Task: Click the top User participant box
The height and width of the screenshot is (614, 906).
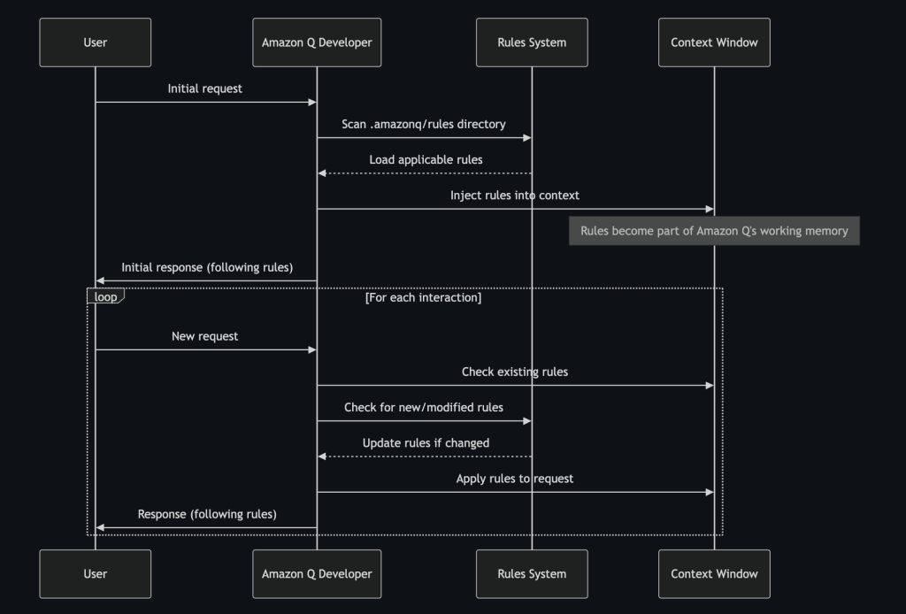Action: [x=95, y=42]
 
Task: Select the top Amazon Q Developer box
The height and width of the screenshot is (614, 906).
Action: [x=317, y=42]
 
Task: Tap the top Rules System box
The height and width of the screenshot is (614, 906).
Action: [x=532, y=42]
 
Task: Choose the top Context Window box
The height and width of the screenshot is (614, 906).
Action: [x=714, y=42]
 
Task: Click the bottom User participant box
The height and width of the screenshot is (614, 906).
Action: [x=95, y=573]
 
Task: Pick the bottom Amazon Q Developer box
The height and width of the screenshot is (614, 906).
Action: [x=317, y=573]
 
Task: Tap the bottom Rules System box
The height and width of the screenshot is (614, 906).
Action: [x=532, y=573]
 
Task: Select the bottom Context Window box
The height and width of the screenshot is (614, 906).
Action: [x=714, y=573]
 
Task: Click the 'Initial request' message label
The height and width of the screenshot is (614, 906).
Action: [x=204, y=88]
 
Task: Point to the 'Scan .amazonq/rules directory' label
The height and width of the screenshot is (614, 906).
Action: [x=424, y=124]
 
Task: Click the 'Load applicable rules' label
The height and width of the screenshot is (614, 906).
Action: [x=426, y=159]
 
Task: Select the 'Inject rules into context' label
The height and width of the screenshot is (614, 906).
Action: [x=514, y=195]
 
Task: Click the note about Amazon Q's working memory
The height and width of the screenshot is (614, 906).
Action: [x=714, y=231]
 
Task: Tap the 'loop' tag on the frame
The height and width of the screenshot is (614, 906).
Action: [x=105, y=296]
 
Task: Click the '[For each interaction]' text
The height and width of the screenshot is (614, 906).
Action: [x=423, y=297]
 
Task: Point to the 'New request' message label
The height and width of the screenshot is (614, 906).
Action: [x=204, y=336]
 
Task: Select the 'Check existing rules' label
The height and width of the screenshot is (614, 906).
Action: [x=514, y=372]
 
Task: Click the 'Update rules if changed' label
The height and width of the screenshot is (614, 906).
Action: [x=426, y=442]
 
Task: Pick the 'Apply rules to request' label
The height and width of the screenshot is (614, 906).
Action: [x=514, y=479]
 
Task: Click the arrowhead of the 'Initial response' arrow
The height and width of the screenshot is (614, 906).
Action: [x=100, y=280]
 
